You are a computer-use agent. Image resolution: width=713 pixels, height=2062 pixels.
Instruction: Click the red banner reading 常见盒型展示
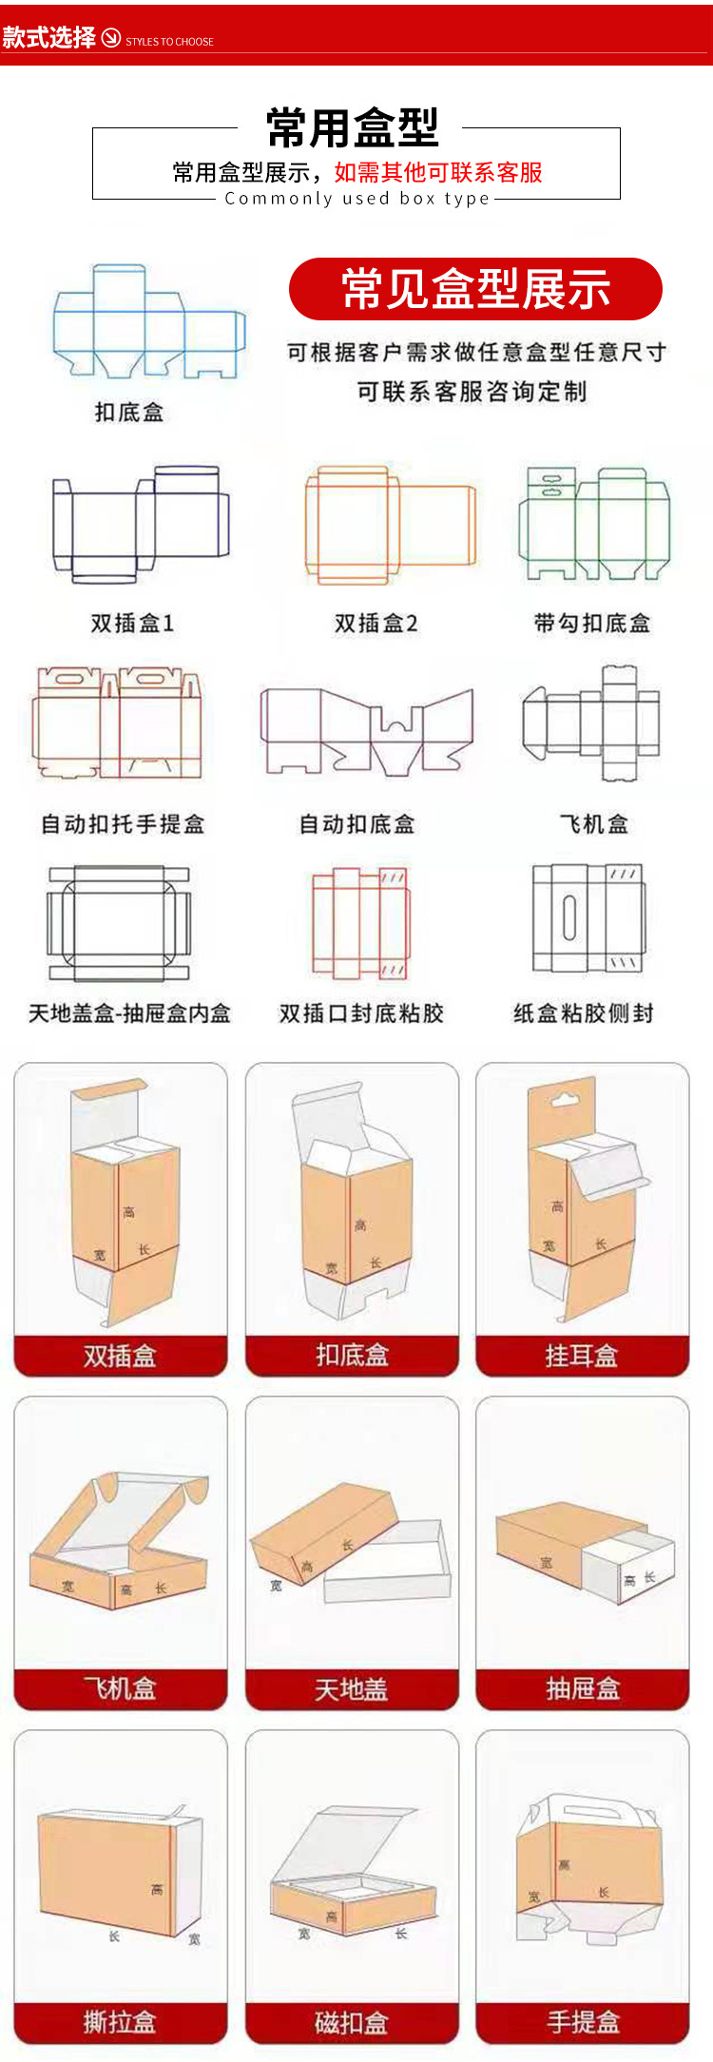tap(475, 289)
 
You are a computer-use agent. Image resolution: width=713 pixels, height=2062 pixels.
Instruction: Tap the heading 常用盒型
tap(353, 128)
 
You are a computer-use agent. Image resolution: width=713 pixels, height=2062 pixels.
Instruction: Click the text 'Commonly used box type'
tap(356, 199)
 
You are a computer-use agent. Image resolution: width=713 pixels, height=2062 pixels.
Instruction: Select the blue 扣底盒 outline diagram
tap(147, 323)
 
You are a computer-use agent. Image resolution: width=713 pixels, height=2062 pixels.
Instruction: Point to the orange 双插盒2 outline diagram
tap(389, 524)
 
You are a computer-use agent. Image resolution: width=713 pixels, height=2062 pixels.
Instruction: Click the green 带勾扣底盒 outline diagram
tap(594, 523)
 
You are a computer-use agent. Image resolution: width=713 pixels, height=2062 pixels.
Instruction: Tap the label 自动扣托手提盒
tap(123, 824)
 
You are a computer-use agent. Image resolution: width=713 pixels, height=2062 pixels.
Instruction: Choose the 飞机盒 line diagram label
tap(594, 824)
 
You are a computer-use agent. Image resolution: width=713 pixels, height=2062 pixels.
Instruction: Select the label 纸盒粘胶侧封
tap(584, 1013)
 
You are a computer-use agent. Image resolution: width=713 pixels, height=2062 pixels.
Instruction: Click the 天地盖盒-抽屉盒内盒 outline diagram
tap(119, 923)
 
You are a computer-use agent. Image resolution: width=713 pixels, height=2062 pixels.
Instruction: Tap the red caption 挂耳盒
tap(582, 1356)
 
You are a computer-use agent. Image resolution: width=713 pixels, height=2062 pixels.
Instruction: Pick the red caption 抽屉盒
tap(582, 1689)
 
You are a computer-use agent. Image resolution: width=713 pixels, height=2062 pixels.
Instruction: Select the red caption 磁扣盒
tap(352, 2023)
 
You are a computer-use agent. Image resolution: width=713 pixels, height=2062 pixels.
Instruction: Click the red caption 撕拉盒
tap(120, 2022)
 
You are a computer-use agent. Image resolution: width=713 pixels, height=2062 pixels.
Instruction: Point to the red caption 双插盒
tap(120, 1356)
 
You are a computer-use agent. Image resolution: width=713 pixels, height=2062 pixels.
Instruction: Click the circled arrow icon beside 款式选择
tap(111, 38)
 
